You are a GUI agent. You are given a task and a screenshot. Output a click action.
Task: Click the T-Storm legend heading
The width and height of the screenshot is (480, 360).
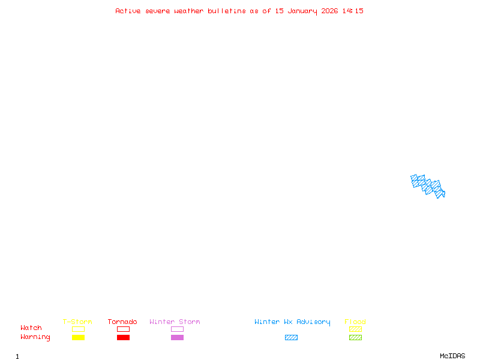[x=77, y=322]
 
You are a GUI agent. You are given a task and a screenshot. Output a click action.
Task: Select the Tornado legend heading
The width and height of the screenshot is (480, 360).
[x=122, y=322]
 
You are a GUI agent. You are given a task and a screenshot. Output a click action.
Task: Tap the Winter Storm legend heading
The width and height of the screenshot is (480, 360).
[x=175, y=322]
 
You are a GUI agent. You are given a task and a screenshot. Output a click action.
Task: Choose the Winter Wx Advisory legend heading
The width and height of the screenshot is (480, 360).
[x=292, y=322]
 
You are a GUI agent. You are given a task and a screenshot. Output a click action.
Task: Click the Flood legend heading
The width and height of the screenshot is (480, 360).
[x=355, y=322]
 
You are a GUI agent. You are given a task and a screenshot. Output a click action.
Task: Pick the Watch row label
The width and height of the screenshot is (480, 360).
[x=31, y=328]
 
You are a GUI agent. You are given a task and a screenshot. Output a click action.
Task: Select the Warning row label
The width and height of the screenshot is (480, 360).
[x=35, y=337]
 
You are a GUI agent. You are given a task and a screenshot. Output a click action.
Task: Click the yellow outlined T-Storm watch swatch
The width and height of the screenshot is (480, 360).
[x=78, y=329]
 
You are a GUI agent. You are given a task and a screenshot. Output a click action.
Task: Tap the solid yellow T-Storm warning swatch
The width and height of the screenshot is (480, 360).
[x=78, y=337]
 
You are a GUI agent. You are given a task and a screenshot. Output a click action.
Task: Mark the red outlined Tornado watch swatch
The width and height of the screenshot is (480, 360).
[x=123, y=329]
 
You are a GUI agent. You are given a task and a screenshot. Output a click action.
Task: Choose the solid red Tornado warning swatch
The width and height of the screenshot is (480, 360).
[x=123, y=337]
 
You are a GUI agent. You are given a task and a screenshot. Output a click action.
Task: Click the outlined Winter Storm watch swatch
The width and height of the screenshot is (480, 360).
[x=177, y=329]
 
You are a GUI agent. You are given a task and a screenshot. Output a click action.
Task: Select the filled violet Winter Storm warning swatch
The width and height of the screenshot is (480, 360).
[x=177, y=337]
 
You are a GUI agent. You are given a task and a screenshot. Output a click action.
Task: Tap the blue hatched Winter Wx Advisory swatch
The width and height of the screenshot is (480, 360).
[x=291, y=337]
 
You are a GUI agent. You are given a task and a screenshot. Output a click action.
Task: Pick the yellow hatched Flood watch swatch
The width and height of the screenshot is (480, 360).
[x=355, y=329]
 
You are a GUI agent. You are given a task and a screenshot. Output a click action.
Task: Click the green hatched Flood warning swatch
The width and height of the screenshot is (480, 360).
[x=355, y=337]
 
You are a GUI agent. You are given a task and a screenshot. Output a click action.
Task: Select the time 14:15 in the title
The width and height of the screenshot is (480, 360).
[x=353, y=11]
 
